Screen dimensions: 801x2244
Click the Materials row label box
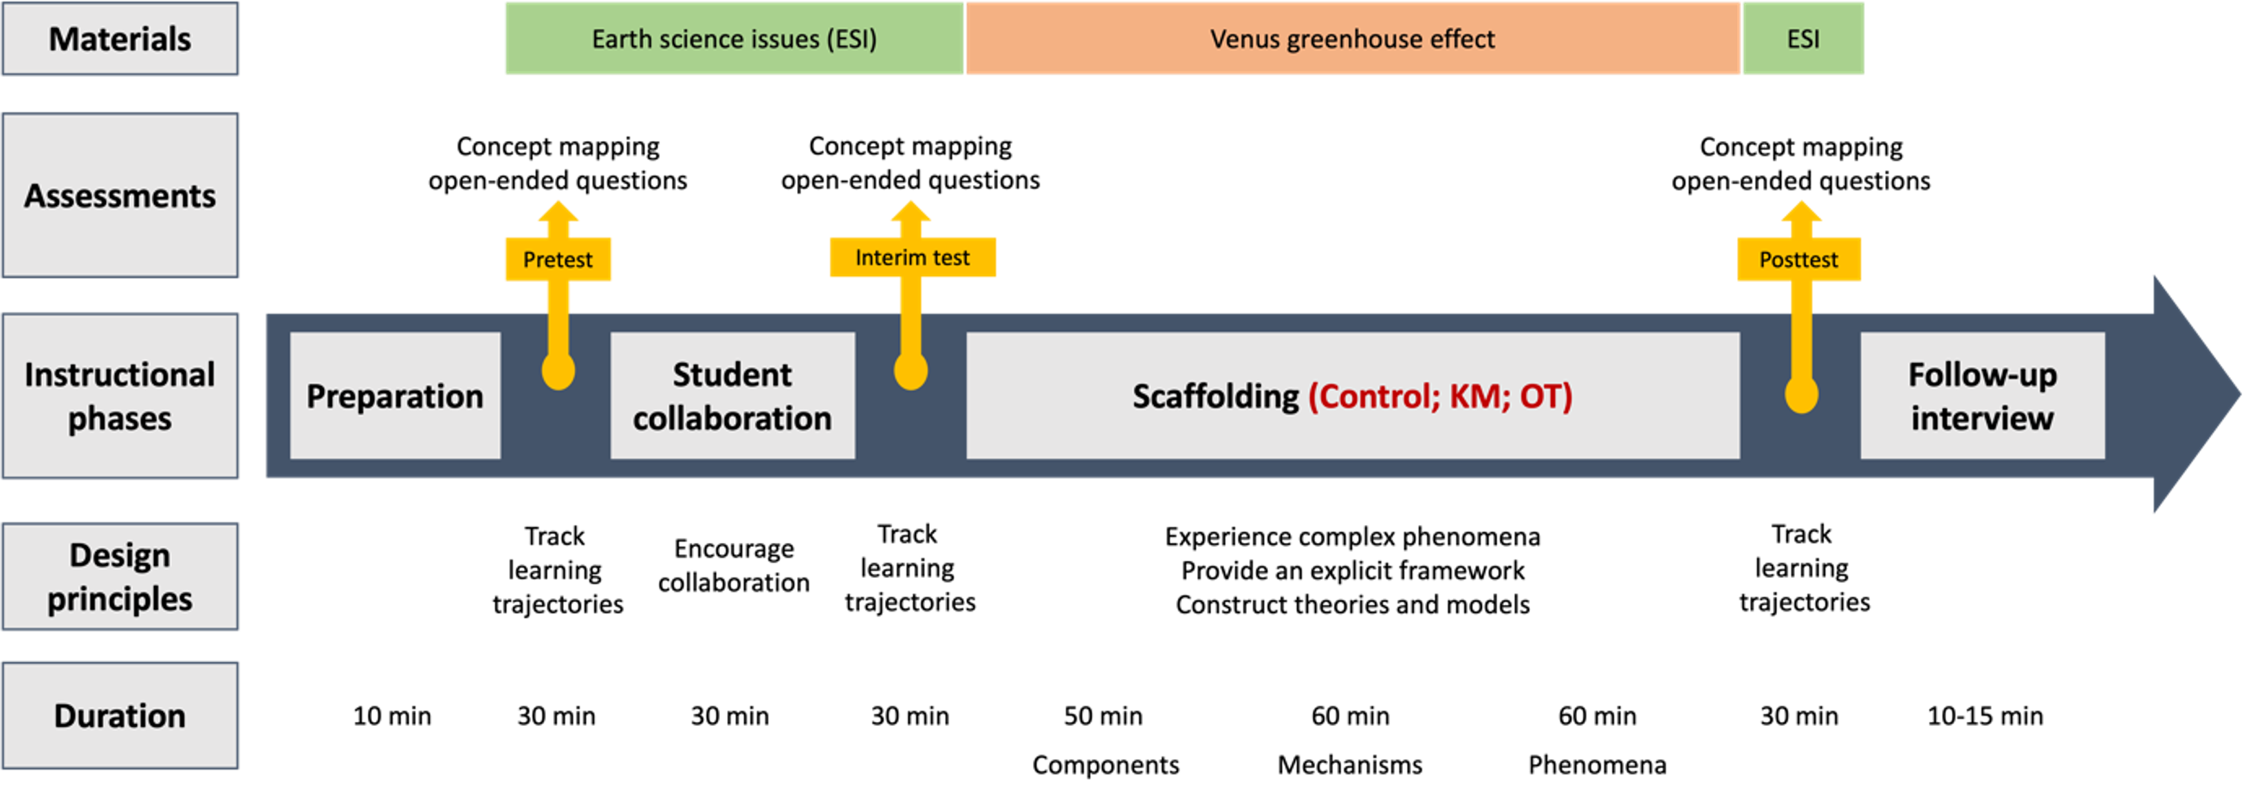pyautogui.click(x=120, y=39)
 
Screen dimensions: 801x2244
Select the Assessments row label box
pyautogui.click(x=120, y=195)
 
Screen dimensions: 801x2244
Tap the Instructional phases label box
pyautogui.click(x=120, y=396)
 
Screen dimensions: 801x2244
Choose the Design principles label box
pyautogui.click(x=120, y=576)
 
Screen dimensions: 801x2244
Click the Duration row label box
pyautogui.click(x=120, y=716)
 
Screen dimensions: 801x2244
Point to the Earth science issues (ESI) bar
pyautogui.click(x=734, y=39)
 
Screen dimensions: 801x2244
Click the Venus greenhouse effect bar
pyautogui.click(x=1352, y=39)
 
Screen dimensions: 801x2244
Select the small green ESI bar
pyautogui.click(x=1802, y=39)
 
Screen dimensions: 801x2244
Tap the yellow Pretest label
pyautogui.click(x=558, y=259)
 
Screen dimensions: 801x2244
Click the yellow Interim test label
pyautogui.click(x=912, y=258)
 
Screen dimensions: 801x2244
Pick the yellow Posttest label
pyautogui.click(x=1798, y=259)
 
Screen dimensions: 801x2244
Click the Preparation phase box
pyautogui.click(x=395, y=396)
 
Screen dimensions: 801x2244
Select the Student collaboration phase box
pyautogui.click(x=732, y=396)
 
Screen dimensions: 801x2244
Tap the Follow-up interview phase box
pyautogui.click(x=1982, y=396)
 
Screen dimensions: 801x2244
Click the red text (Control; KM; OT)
pyautogui.click(x=1440, y=396)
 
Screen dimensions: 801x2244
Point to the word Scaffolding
pyautogui.click(x=1215, y=396)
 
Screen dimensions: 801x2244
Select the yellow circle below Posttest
pyautogui.click(x=1800, y=395)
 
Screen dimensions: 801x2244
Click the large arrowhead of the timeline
pyautogui.click(x=2191, y=394)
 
